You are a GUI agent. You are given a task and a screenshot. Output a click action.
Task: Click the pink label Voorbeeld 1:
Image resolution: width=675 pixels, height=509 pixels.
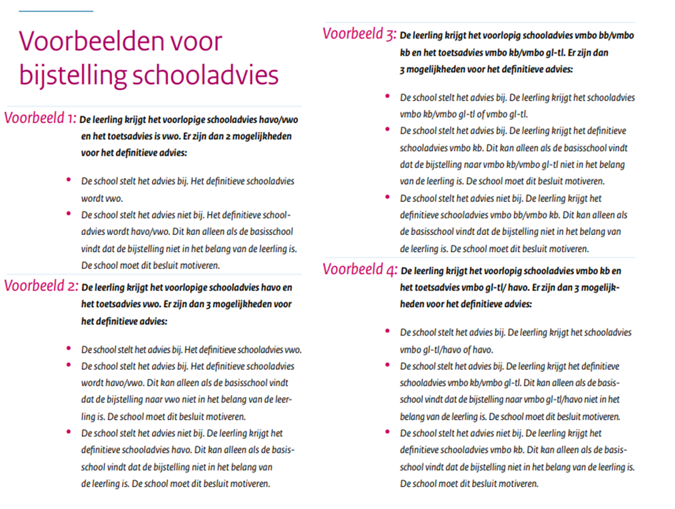tap(40, 119)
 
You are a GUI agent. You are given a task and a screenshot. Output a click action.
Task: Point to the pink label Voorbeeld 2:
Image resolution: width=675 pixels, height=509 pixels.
tap(41, 287)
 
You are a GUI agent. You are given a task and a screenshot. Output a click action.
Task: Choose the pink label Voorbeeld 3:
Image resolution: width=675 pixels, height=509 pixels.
tap(359, 34)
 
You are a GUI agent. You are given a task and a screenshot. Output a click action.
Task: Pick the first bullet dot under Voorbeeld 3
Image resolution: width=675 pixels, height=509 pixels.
tap(387, 96)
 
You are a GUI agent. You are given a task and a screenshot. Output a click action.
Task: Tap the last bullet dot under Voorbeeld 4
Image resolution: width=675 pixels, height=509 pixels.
tap(387, 432)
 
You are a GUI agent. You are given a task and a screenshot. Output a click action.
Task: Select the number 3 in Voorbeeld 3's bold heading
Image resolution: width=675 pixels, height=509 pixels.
tap(403, 70)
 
